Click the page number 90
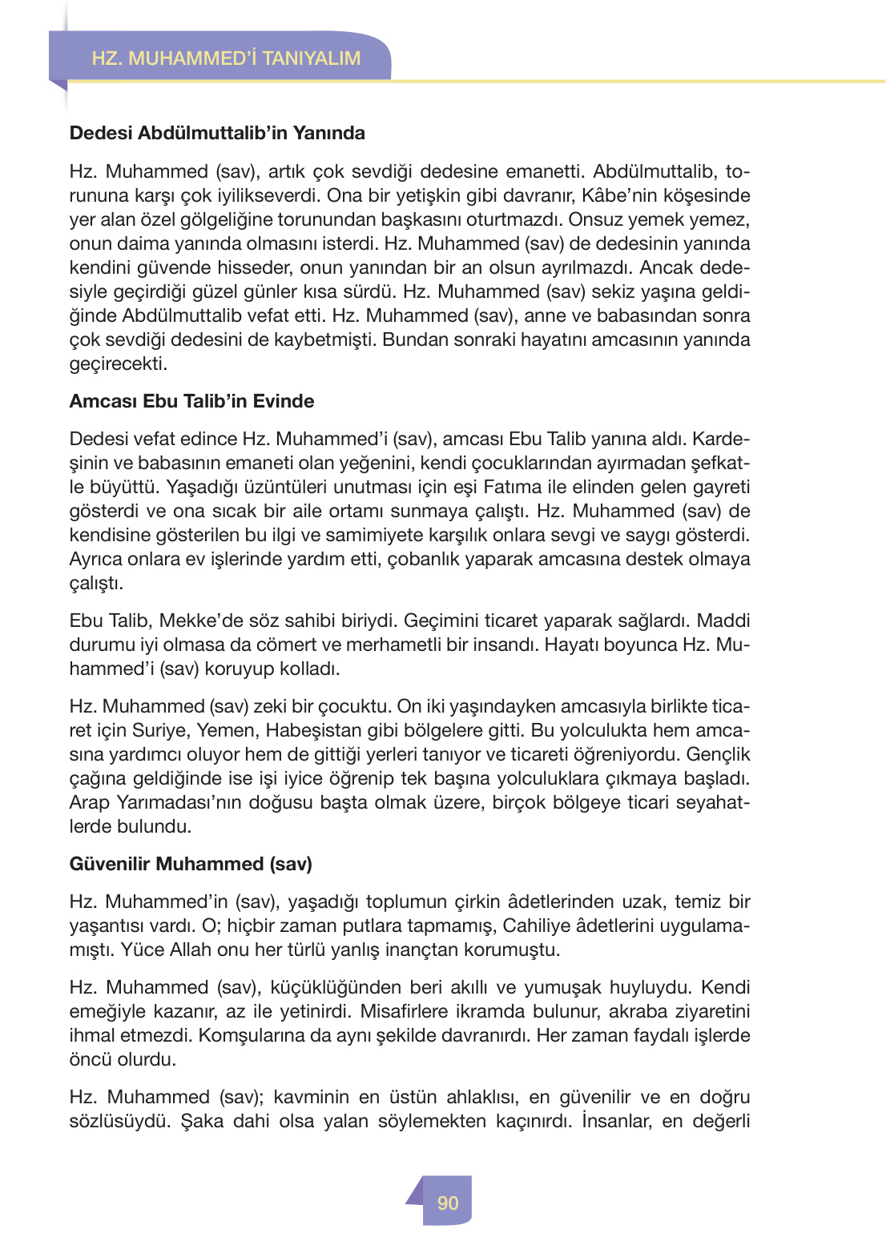pyautogui.click(x=448, y=1203)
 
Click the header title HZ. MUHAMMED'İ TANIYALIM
pyautogui.click(x=226, y=58)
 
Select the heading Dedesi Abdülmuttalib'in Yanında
pyautogui.click(x=217, y=133)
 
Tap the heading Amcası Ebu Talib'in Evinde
pyautogui.click(x=191, y=401)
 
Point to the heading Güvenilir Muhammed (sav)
pyautogui.click(x=191, y=864)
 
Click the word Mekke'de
pyautogui.click(x=197, y=620)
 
